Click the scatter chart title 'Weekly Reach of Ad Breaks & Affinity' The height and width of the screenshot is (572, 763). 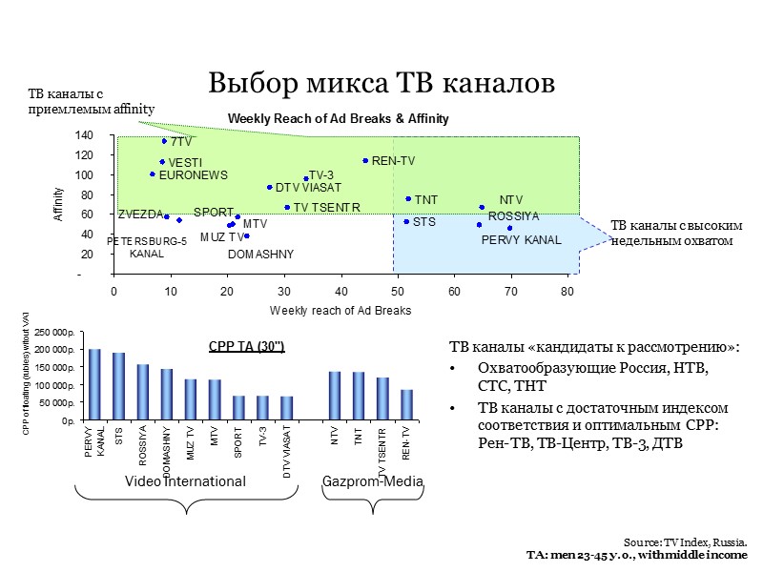(x=338, y=118)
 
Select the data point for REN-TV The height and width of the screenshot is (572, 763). (x=365, y=160)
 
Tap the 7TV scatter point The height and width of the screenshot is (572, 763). (x=164, y=141)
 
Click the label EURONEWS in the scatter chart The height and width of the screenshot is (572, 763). (x=194, y=175)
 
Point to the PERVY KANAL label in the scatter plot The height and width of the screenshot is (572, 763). (x=521, y=240)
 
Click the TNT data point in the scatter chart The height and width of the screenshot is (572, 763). (x=408, y=199)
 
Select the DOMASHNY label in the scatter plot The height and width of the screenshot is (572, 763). (x=261, y=255)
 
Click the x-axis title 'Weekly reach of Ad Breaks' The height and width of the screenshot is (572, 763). (x=340, y=311)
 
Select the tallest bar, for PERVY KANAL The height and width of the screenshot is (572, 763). (x=94, y=383)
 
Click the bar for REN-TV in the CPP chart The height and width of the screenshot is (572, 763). (x=406, y=404)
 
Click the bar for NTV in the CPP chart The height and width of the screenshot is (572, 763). (x=335, y=395)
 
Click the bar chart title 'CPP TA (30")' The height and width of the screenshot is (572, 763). (x=246, y=346)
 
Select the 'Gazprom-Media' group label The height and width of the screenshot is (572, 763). (x=373, y=482)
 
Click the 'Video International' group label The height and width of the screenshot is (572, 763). (x=186, y=482)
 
